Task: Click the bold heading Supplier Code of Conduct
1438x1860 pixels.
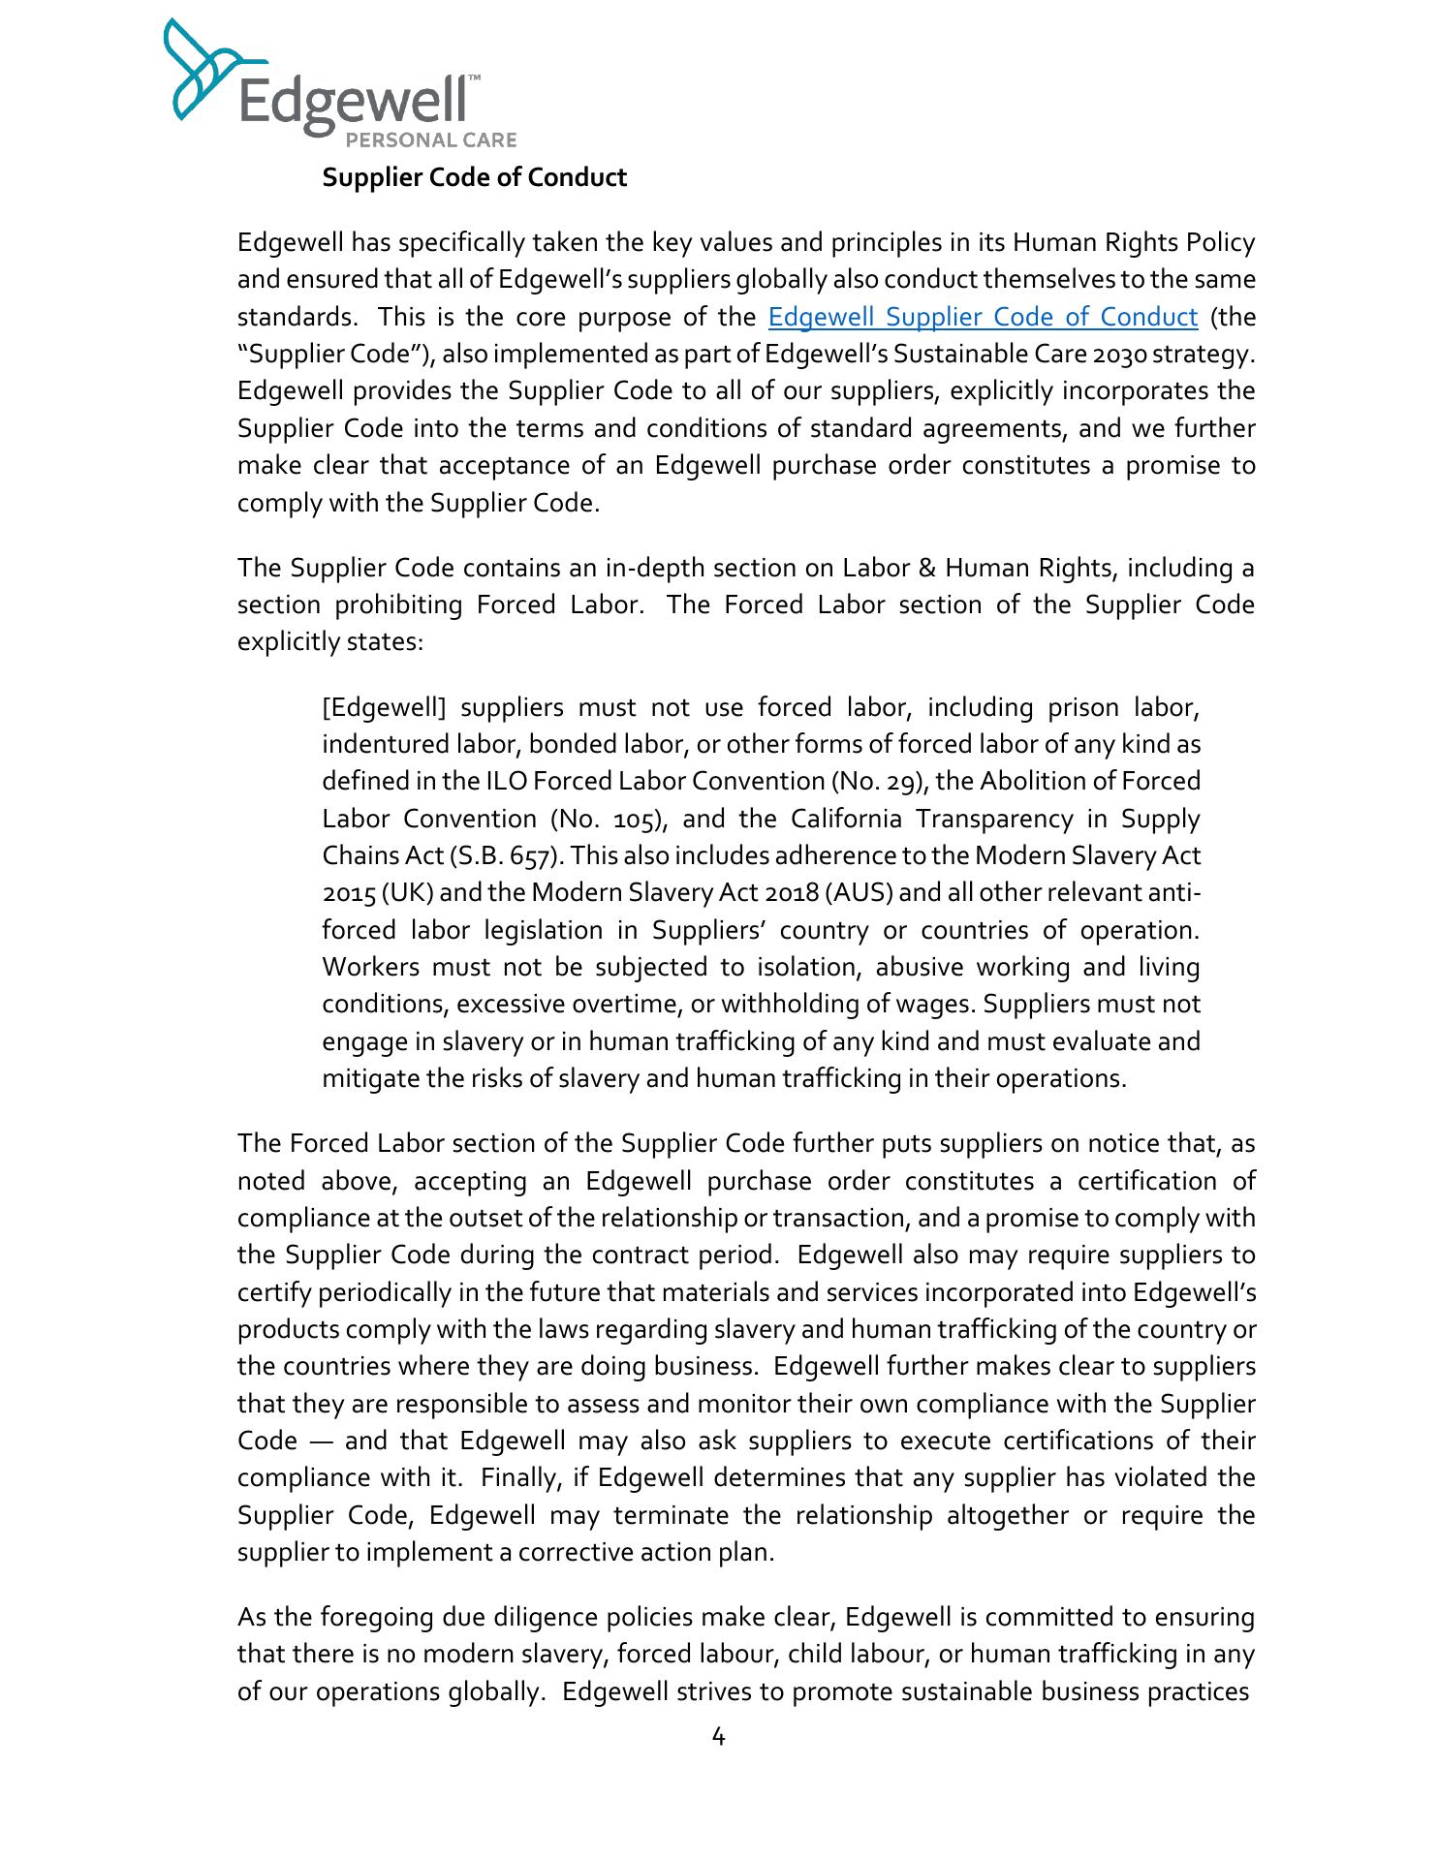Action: pos(475,178)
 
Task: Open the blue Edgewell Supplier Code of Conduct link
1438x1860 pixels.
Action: pos(983,318)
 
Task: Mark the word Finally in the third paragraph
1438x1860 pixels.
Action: pos(517,1478)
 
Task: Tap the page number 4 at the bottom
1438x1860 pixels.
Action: pos(718,1737)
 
